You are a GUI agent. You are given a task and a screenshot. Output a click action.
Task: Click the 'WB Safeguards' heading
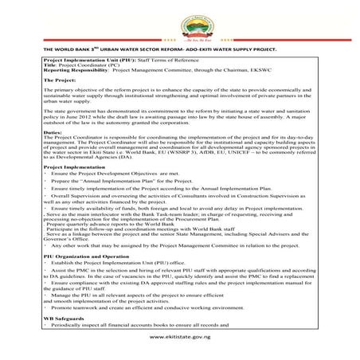65,317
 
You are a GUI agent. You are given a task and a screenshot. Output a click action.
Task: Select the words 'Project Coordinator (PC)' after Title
87,65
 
